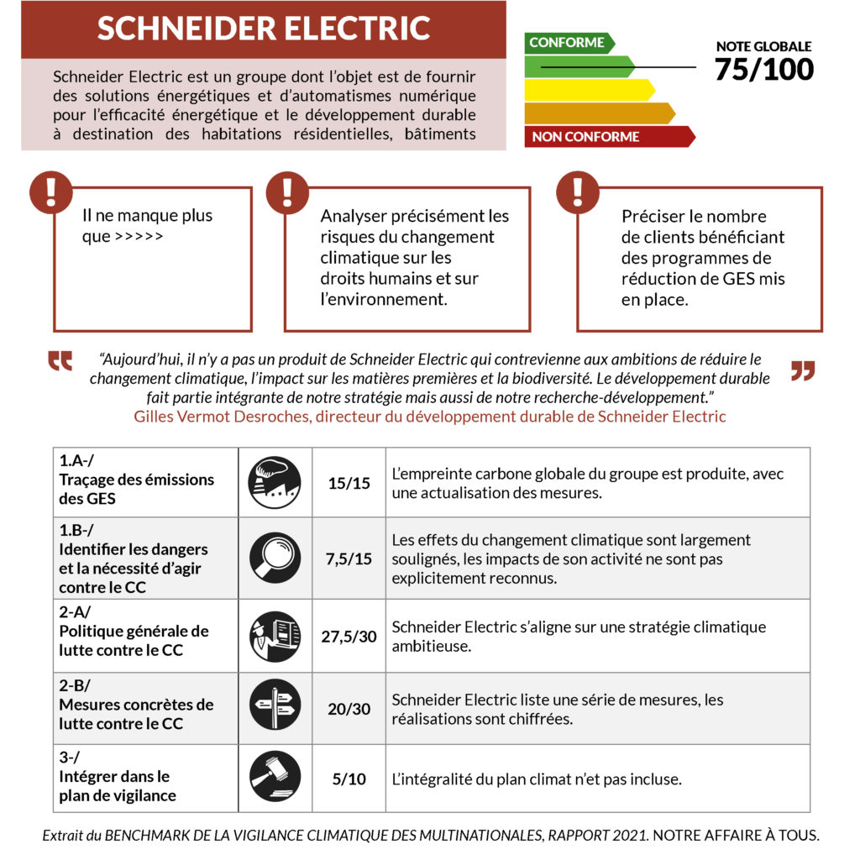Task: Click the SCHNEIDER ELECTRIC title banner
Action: pos(264,29)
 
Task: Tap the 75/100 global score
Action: pos(764,69)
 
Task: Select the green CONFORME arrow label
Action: pos(568,43)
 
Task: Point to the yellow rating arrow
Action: pos(588,90)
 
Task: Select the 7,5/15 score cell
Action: pos(349,558)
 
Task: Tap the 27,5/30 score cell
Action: pos(349,636)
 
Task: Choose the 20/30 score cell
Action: pos(349,709)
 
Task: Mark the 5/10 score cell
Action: pos(349,779)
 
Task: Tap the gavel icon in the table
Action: pos(275,777)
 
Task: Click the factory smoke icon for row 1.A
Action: pos(275,482)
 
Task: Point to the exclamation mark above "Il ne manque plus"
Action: pos(51,192)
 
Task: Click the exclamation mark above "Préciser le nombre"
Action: pos(577,192)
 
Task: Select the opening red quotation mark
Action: pos(60,361)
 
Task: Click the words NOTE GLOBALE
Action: pos(763,47)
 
